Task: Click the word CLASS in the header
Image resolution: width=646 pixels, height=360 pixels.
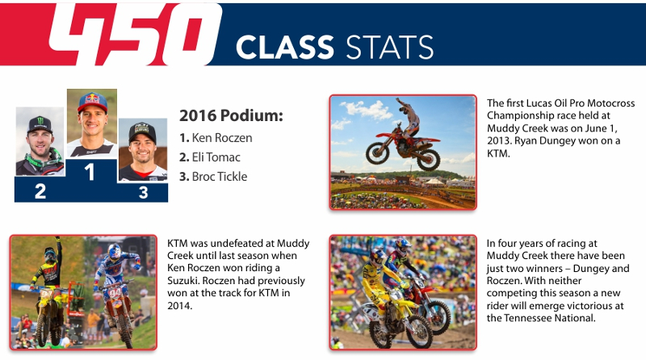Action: (285, 47)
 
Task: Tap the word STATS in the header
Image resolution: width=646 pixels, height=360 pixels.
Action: (389, 47)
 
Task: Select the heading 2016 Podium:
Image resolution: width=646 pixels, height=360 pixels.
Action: (231, 115)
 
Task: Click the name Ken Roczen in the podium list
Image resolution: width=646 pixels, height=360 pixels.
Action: (222, 137)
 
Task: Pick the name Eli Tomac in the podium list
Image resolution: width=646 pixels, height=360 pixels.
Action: (216, 157)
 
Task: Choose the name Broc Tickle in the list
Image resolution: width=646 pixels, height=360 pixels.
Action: (220, 176)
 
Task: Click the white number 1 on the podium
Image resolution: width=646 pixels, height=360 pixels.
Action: (90, 172)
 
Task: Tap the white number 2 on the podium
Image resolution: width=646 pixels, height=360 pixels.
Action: (40, 191)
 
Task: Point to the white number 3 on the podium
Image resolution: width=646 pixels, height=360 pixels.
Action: (143, 192)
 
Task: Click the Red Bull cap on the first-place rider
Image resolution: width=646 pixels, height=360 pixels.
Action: (92, 102)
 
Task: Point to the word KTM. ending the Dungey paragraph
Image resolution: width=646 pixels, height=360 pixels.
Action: (498, 153)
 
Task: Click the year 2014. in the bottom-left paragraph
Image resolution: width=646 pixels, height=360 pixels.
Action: (179, 306)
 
